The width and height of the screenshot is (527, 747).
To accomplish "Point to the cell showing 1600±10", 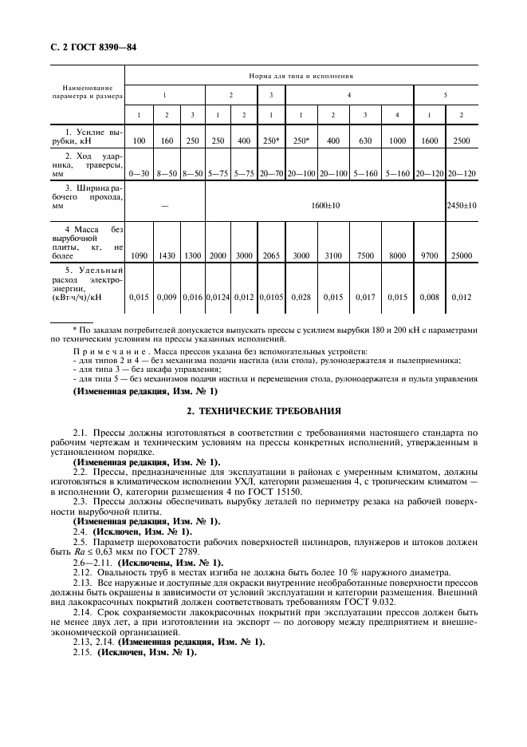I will coord(325,205).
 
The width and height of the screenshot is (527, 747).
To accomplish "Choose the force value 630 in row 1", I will coord(365,140).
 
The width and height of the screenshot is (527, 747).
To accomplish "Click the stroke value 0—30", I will coord(140,172).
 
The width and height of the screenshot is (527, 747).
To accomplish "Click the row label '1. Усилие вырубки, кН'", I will coord(87,135).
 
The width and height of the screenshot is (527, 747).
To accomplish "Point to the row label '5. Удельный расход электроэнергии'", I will coord(87,285).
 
